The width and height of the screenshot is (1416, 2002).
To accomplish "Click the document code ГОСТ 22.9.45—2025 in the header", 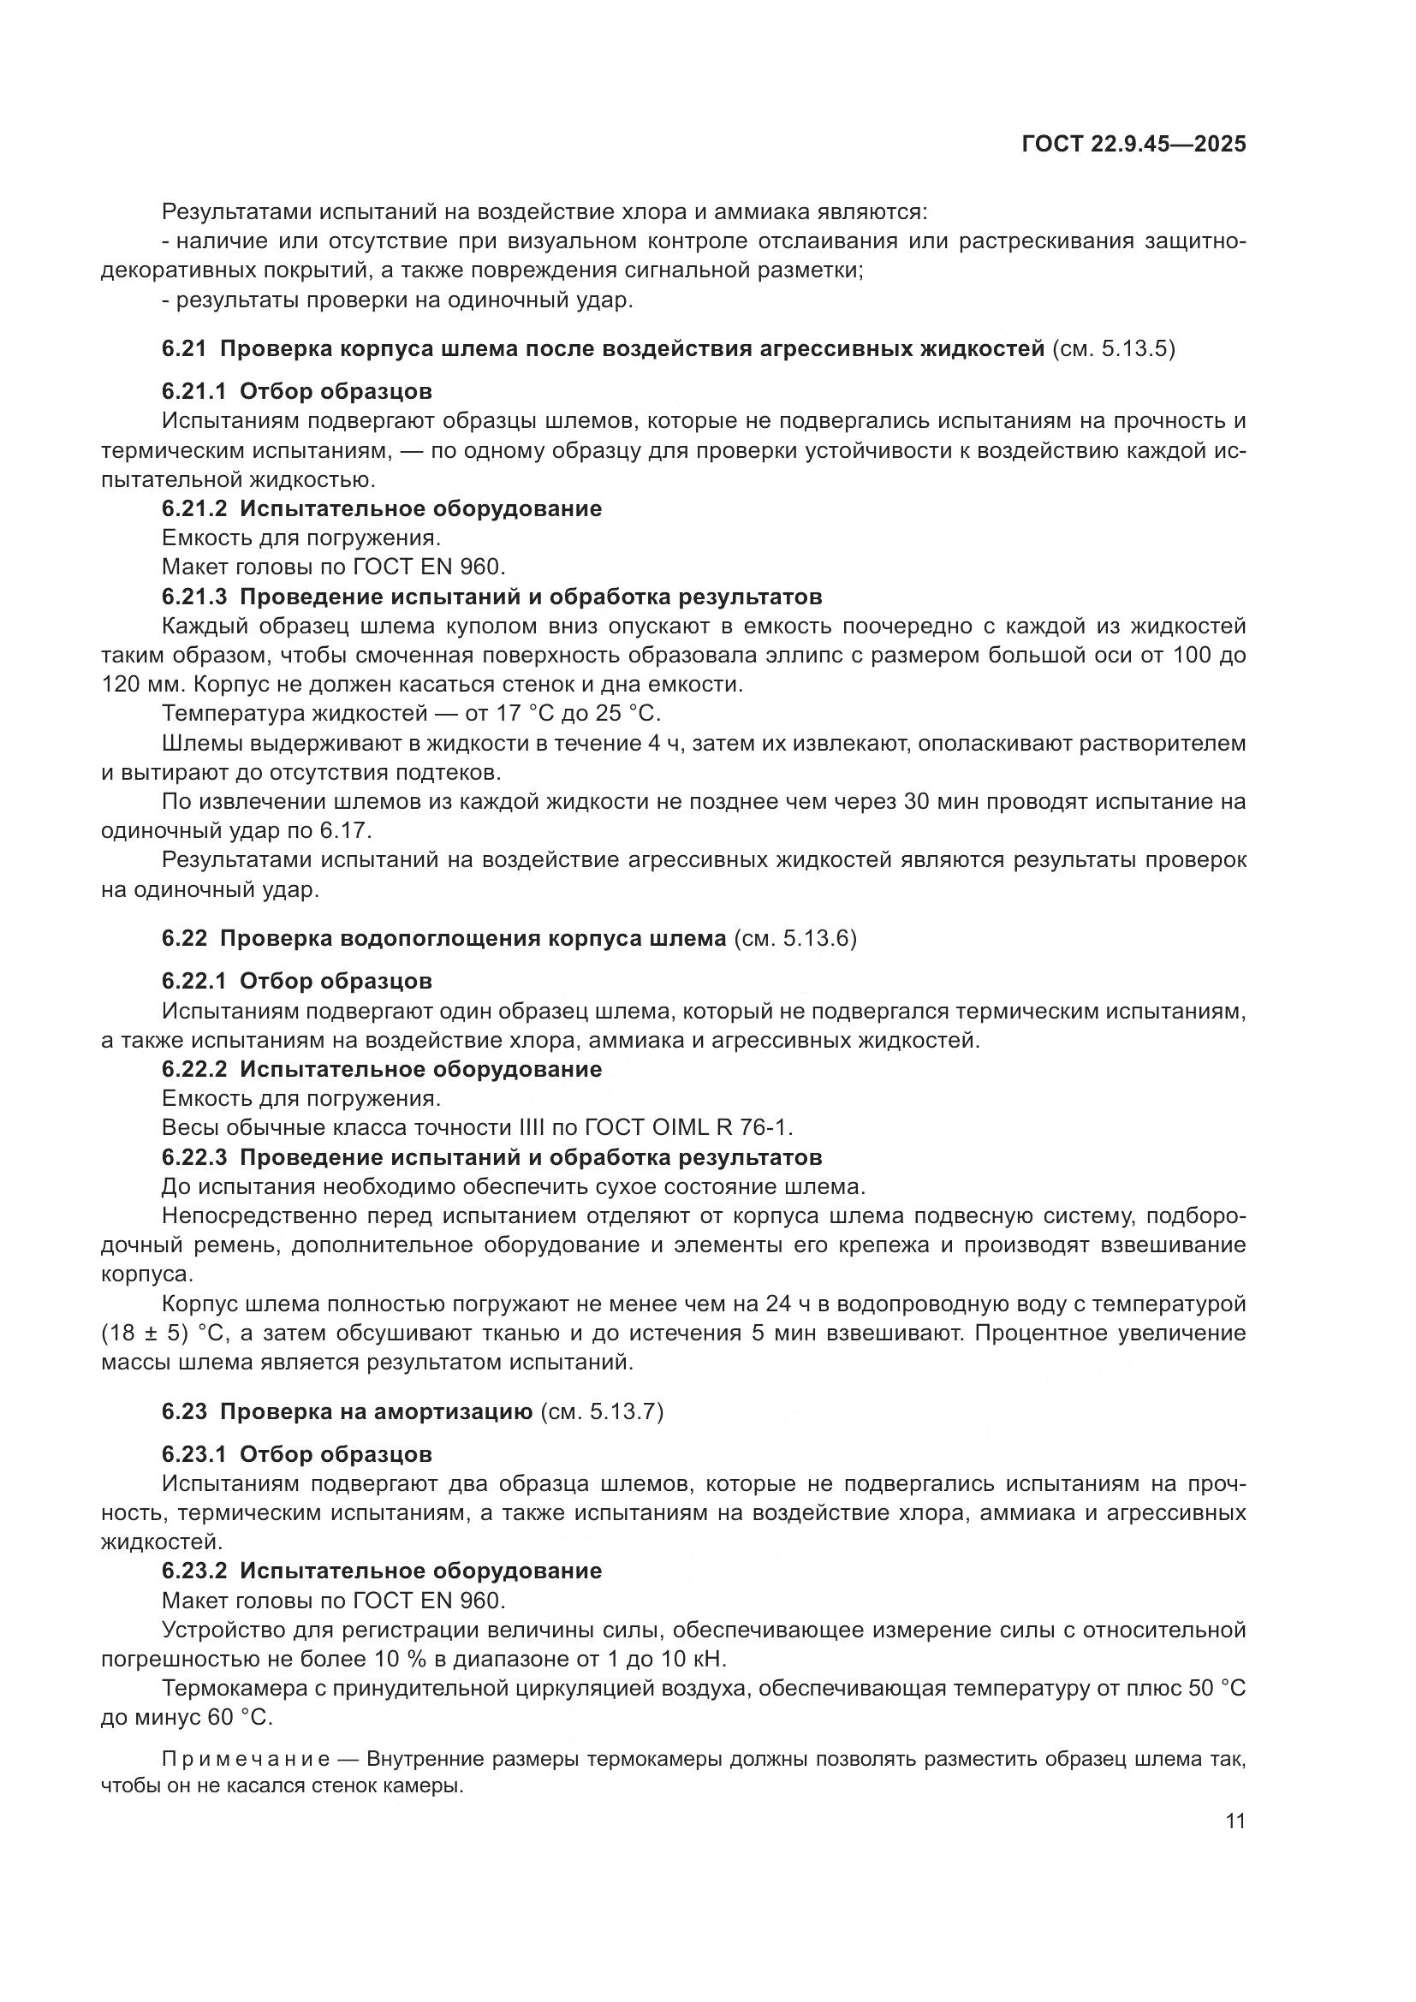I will click(x=1133, y=144).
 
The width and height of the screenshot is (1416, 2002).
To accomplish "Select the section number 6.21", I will click(x=184, y=348).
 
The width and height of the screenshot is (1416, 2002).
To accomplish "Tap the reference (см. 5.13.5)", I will click(x=1114, y=348).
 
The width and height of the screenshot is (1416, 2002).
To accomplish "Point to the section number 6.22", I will click(x=184, y=938).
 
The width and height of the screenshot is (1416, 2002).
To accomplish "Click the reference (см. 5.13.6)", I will click(x=795, y=938).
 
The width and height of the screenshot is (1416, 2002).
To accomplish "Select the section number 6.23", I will click(x=184, y=1411).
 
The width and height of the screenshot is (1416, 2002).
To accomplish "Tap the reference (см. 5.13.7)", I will click(x=603, y=1411).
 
